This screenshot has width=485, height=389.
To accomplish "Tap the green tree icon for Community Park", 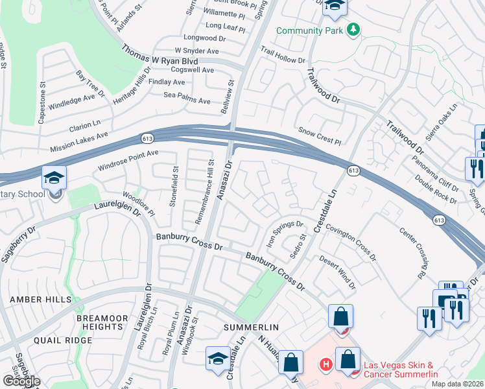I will [353, 30].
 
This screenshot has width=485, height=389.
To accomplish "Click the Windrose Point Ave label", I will [128, 160].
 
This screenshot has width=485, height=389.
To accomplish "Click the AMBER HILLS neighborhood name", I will [30, 299].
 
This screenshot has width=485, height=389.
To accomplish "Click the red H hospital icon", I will [326, 366].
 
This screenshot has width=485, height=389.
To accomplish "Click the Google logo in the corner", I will [21, 381].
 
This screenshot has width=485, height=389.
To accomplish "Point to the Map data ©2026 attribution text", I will [457, 384].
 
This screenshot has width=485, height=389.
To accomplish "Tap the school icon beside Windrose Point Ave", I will [54, 178].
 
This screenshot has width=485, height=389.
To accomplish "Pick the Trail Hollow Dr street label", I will [283, 54].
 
